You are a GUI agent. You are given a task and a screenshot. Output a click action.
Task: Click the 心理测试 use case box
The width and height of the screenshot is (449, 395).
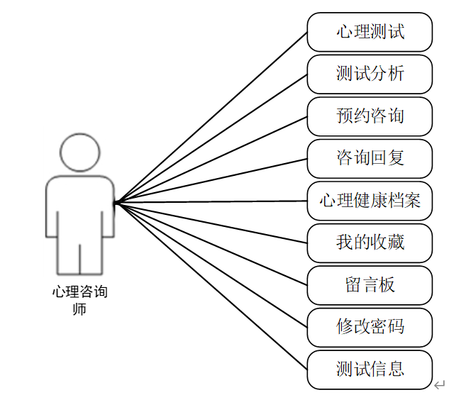370,32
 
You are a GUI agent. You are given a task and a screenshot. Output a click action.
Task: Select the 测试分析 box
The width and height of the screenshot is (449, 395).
370,74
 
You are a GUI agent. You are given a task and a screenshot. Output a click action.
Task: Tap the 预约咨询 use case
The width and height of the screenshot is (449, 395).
370,116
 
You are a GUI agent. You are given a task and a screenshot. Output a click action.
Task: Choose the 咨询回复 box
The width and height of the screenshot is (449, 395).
370,158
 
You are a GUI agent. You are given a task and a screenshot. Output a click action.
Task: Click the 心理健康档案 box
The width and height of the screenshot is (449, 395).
370,201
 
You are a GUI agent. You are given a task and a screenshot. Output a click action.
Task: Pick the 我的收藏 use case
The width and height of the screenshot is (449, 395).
370,243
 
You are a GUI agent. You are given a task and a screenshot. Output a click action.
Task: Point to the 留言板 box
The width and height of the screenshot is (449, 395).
370,285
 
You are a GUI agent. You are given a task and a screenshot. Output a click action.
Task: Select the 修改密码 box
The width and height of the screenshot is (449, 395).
370,327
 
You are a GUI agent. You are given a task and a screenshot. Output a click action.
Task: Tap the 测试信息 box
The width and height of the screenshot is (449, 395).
370,369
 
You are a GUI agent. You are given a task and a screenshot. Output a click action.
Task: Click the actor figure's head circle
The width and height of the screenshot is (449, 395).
79,152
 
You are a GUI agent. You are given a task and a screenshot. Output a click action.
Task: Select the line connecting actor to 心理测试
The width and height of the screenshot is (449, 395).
213,116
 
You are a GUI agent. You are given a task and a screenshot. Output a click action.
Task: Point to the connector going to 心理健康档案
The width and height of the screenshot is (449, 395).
213,202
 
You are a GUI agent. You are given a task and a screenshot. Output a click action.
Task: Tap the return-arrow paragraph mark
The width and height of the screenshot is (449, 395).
439,384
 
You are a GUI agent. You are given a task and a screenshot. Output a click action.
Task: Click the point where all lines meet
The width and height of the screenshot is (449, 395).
116,204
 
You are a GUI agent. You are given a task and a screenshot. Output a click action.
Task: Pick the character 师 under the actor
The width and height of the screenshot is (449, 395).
79,308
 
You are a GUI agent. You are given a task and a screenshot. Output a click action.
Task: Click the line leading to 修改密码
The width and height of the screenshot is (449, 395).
213,267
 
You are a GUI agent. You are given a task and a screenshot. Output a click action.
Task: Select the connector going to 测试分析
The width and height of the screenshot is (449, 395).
213,138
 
